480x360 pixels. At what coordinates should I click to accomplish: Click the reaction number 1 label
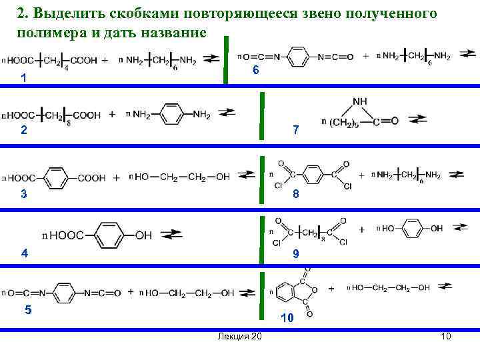(x=24, y=78)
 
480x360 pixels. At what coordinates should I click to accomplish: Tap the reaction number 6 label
(x=255, y=71)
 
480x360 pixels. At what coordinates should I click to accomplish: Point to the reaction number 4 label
(x=25, y=253)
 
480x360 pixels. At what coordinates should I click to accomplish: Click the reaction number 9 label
(x=296, y=254)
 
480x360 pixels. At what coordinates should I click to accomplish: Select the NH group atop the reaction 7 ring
(x=360, y=101)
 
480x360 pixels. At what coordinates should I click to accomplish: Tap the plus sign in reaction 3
(x=116, y=177)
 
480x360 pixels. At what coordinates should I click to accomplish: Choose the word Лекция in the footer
(x=231, y=336)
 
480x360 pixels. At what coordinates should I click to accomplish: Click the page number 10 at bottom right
(x=446, y=336)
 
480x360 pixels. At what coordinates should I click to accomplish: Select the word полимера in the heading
(x=43, y=32)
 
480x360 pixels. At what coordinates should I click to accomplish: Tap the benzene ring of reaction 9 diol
(x=413, y=229)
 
